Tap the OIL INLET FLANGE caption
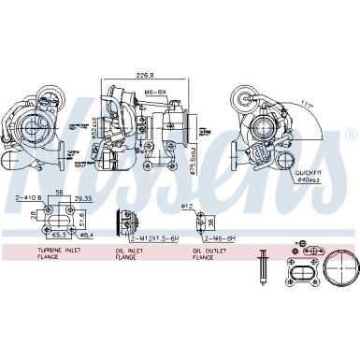pyautogui.click(x=130, y=256)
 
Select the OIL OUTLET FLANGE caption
pyautogui.click(x=211, y=256)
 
